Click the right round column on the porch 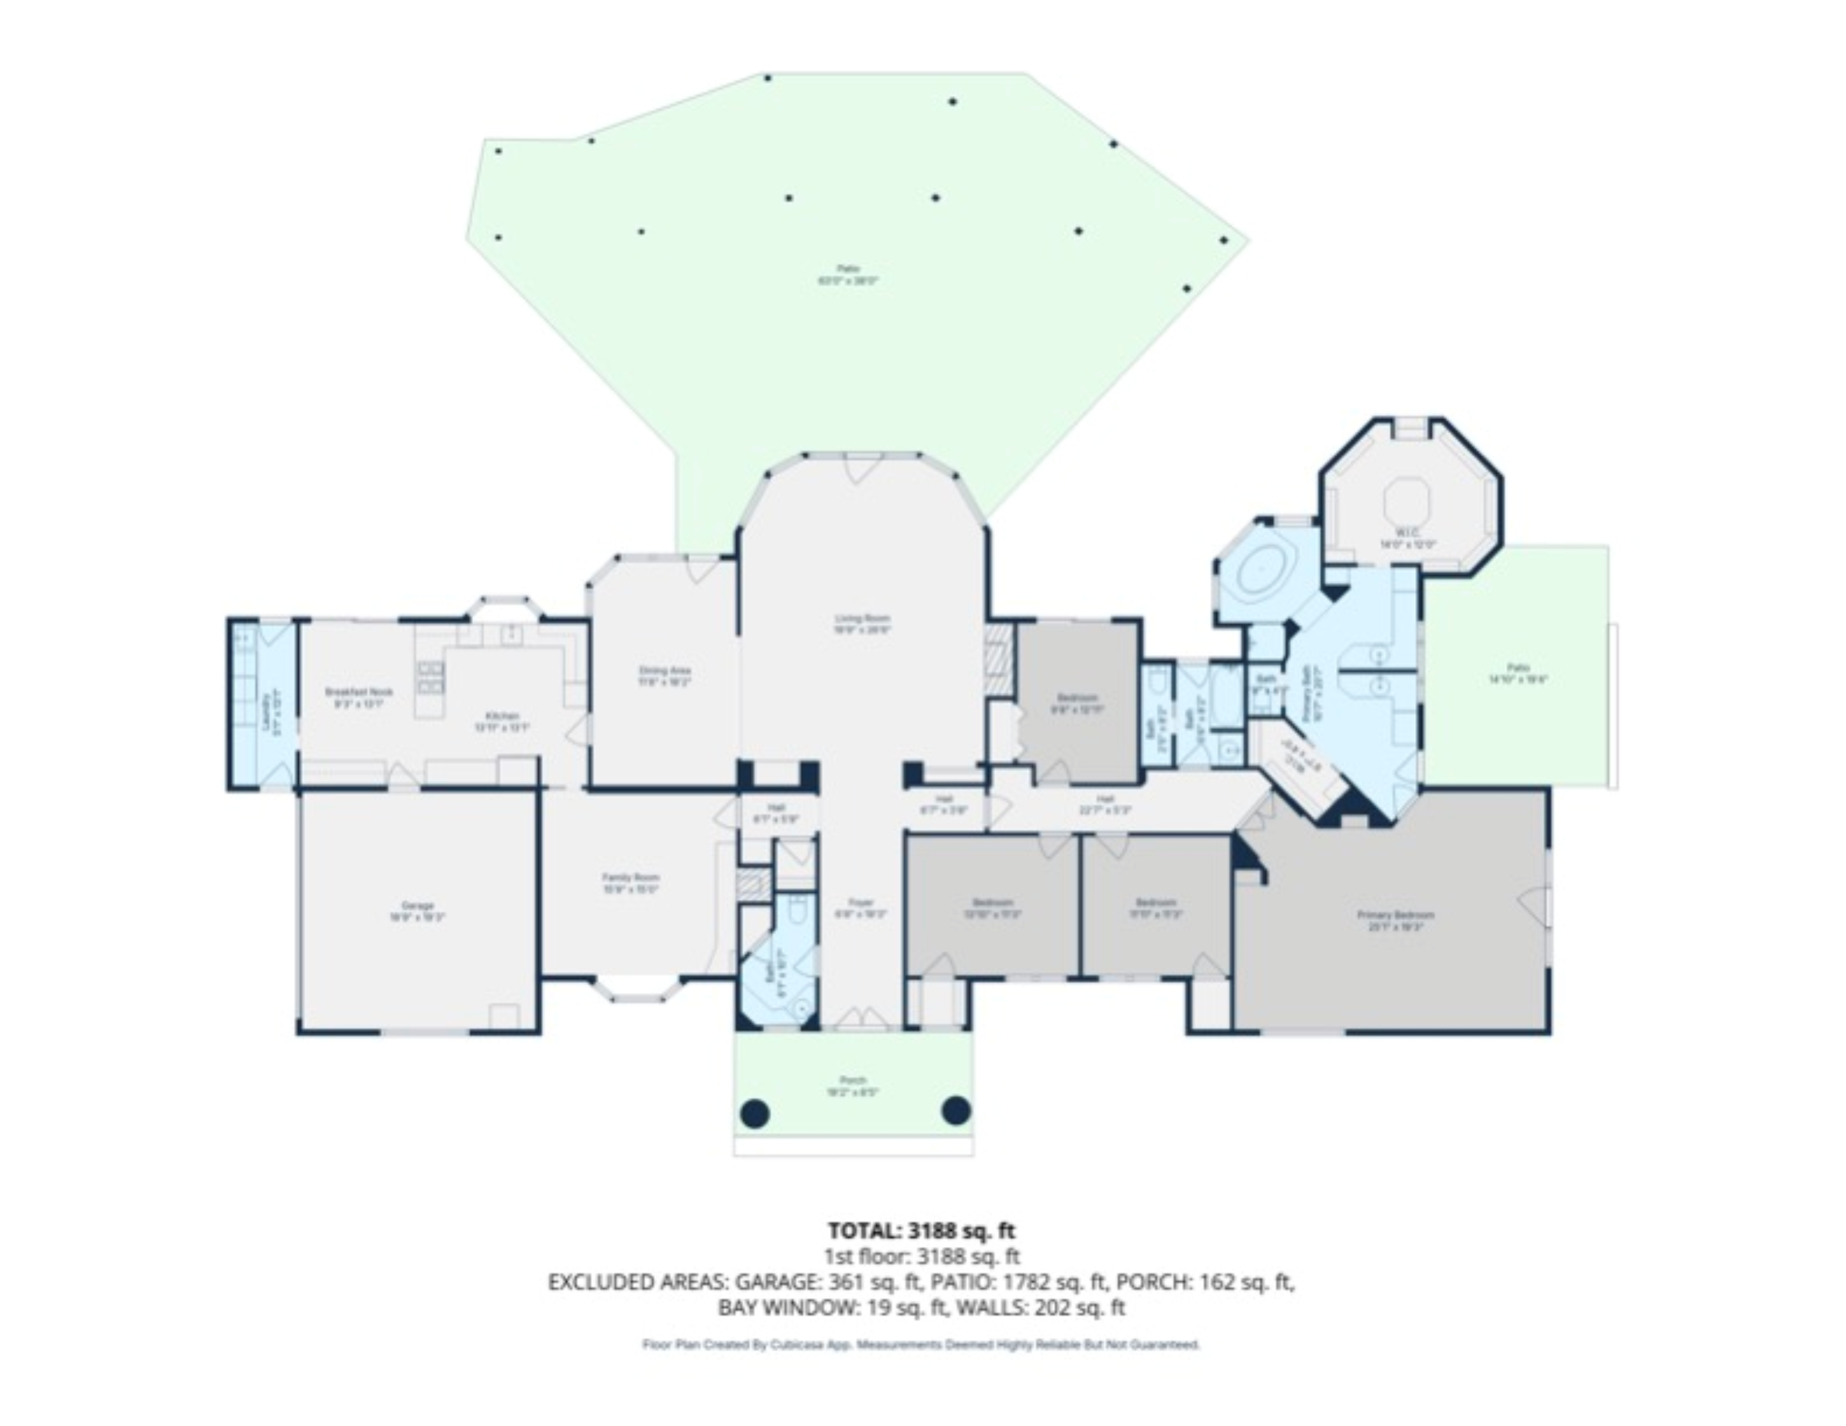pyautogui.click(x=955, y=1110)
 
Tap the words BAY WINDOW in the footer pyautogui.click(x=786, y=1308)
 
